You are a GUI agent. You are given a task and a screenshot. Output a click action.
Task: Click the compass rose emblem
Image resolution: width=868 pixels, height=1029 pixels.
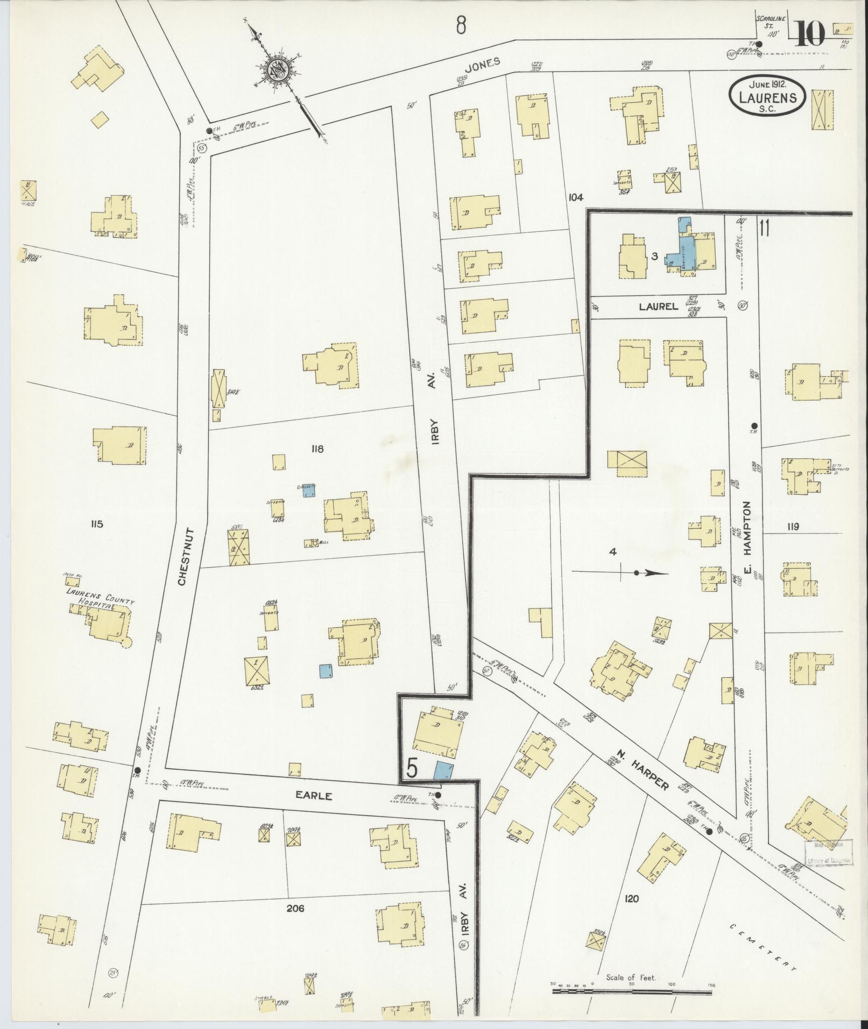(x=280, y=69)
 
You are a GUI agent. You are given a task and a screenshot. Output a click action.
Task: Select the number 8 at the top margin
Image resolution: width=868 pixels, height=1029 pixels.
(x=461, y=25)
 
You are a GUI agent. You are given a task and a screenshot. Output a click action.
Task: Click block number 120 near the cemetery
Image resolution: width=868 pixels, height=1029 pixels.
(x=632, y=898)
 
